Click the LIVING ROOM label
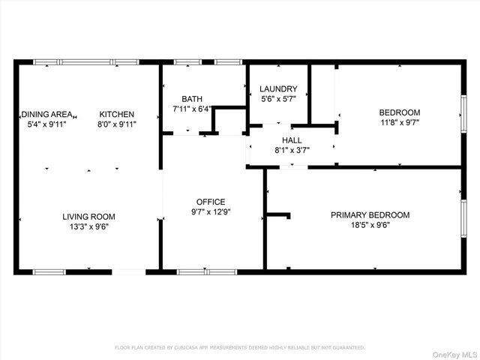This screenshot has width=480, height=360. pyautogui.click(x=88, y=217)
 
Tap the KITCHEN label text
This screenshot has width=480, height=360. pyautogui.click(x=118, y=114)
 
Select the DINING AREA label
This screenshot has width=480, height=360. pyautogui.click(x=46, y=114)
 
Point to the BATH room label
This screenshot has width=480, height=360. pyautogui.click(x=192, y=99)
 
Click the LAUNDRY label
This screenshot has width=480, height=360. pyautogui.click(x=278, y=88)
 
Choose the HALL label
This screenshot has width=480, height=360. pyautogui.click(x=292, y=140)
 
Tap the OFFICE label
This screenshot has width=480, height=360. pyautogui.click(x=211, y=202)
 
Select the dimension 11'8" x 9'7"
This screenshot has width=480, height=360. pyautogui.click(x=399, y=122)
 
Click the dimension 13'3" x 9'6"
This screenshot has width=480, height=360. pyautogui.click(x=88, y=226)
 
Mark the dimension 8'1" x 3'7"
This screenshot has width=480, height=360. pyautogui.click(x=292, y=150)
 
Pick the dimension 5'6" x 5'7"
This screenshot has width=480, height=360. pyautogui.click(x=278, y=98)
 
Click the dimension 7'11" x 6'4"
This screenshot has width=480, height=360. pyautogui.click(x=192, y=109)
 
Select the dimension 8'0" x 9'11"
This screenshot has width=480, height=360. pyautogui.click(x=118, y=124)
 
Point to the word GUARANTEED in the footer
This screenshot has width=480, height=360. pyautogui.click(x=347, y=347)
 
